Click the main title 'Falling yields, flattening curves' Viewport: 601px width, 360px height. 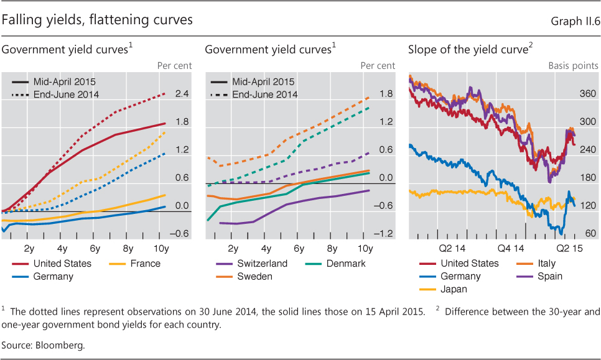coord(97,21)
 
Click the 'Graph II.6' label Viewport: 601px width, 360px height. coord(575,22)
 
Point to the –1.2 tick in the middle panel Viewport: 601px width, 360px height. coord(384,234)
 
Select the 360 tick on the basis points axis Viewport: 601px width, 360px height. coord(588,94)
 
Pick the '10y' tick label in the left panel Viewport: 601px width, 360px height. coord(161,249)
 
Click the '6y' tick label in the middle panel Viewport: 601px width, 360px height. coord(299,249)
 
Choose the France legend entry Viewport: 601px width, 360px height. coord(145,264)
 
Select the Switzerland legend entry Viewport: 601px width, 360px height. coord(262,264)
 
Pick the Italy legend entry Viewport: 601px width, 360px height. coord(546,264)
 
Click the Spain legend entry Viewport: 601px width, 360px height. coord(549,277)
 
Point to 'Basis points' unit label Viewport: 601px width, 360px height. coord(573,66)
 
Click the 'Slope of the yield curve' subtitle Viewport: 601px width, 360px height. coord(468,50)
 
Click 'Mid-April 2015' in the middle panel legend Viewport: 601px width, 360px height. coord(263,81)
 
